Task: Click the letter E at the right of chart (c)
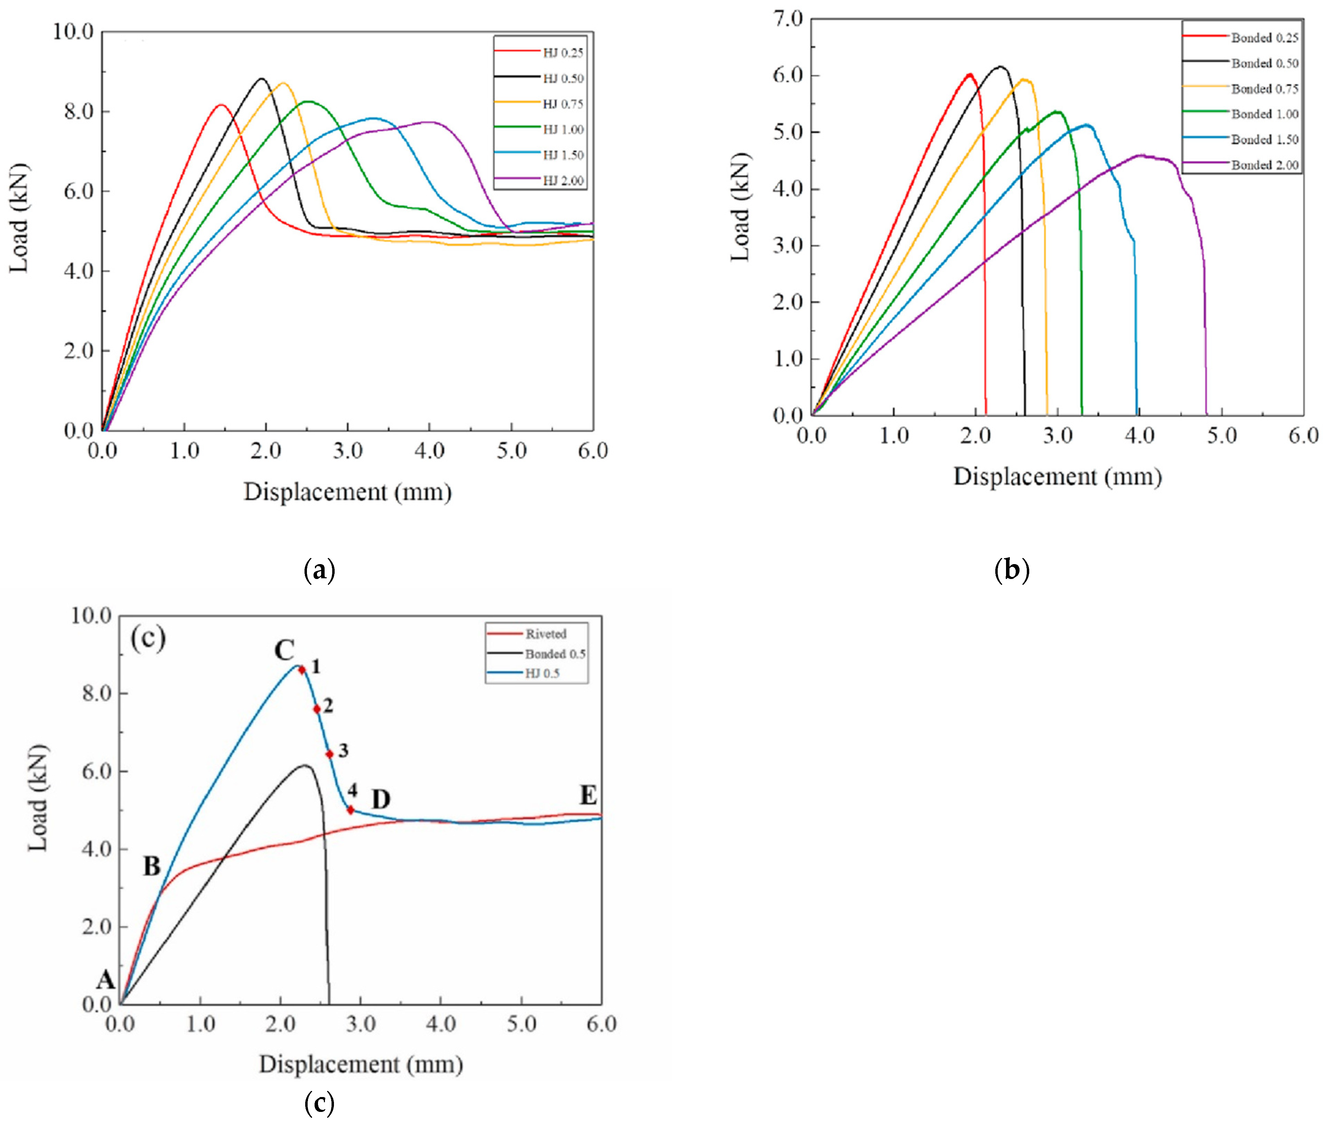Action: click(588, 796)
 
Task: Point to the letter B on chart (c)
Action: click(152, 866)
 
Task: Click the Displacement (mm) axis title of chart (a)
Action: click(348, 492)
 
